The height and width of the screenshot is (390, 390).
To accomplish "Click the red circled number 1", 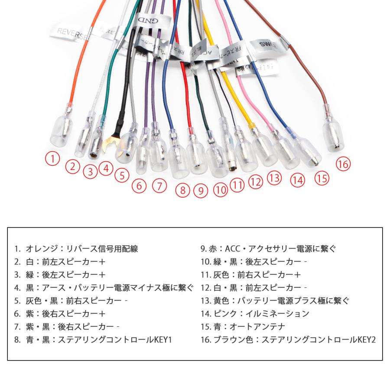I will point(52,159).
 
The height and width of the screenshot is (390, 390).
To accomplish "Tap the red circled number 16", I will point(343,164).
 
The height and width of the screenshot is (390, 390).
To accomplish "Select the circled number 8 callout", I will point(183,189).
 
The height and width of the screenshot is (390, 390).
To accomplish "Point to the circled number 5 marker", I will point(122,175).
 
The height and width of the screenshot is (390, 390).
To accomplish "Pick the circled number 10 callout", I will point(220,189).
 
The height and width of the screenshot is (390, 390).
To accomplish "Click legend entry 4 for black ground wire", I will point(104,287).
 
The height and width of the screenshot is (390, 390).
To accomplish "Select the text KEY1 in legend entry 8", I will point(163,339).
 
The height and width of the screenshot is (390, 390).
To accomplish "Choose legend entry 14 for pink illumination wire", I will point(255,313).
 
